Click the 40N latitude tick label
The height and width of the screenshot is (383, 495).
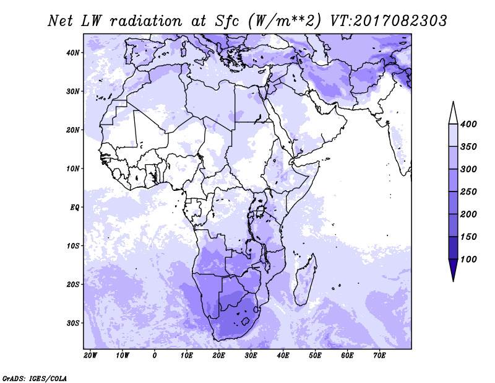(x=74, y=53)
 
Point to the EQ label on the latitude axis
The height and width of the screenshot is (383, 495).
(x=74, y=207)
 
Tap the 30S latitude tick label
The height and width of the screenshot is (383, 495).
(x=74, y=323)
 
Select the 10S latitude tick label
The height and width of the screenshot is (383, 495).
(x=74, y=246)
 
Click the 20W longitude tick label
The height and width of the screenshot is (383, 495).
(x=90, y=356)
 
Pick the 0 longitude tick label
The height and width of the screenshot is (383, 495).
(x=155, y=356)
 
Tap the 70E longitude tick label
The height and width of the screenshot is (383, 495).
(x=379, y=356)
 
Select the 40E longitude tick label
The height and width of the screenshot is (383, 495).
(x=283, y=356)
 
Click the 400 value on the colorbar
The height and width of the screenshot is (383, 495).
(x=468, y=125)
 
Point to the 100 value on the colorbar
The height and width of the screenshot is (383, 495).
(x=468, y=259)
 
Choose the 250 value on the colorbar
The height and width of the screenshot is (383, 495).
(x=468, y=191)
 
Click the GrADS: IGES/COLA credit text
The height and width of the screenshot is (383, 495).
(x=35, y=377)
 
